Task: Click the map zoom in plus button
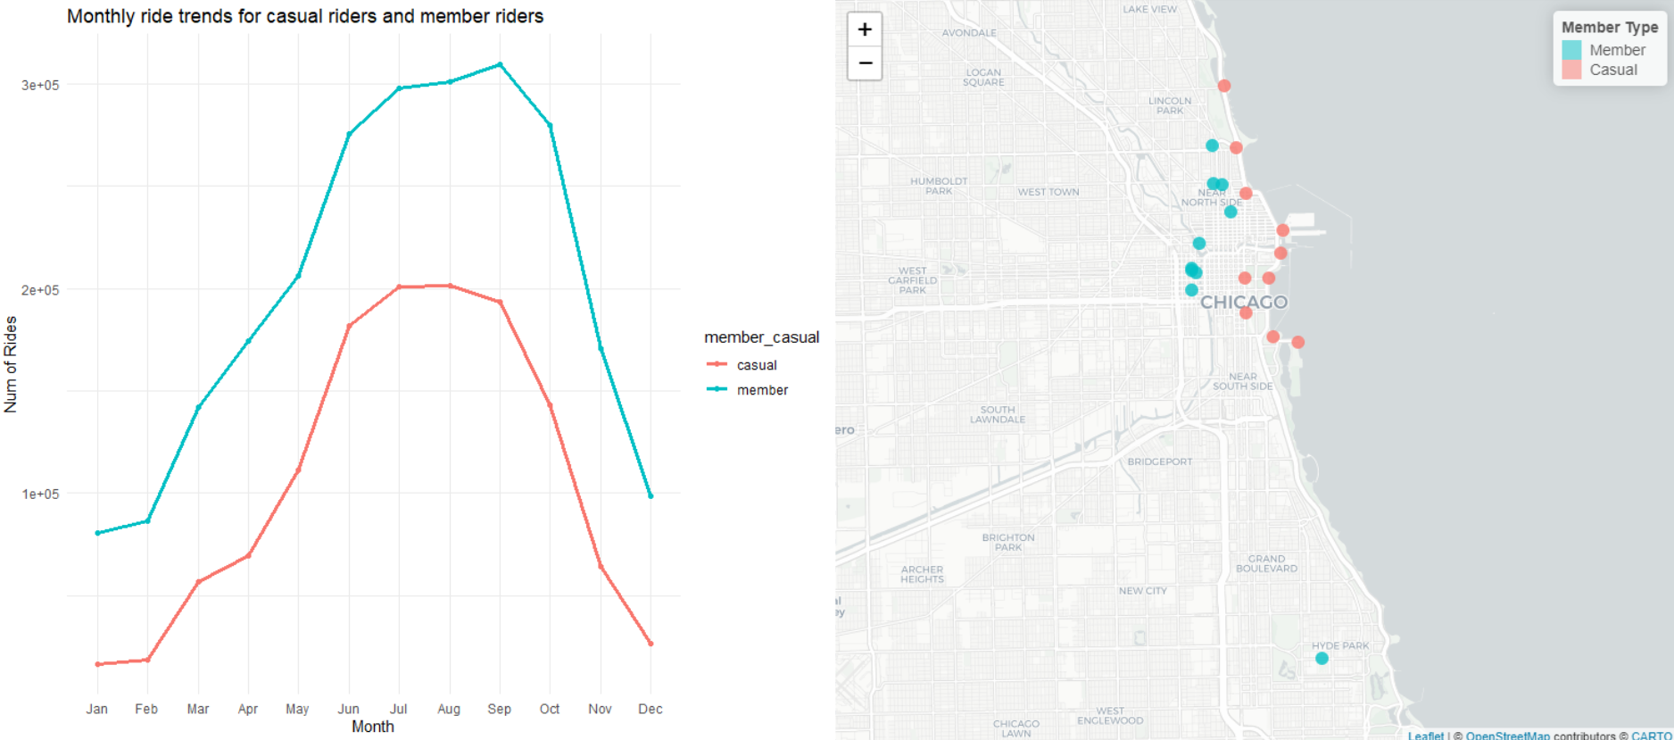(864, 29)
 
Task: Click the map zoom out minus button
(864, 62)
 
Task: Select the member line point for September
(500, 64)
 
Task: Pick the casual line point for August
(450, 286)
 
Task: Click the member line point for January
(97, 533)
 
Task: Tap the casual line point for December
(651, 643)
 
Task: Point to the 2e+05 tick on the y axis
(40, 290)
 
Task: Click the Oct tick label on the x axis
(550, 709)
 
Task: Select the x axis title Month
(372, 727)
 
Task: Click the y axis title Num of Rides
(11, 364)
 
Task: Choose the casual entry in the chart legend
(757, 365)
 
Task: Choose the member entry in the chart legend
(762, 390)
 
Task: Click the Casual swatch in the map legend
(1571, 70)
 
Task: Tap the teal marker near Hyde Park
(1322, 659)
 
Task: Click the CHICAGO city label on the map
(1244, 303)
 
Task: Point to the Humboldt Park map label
(939, 186)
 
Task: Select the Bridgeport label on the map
(1159, 461)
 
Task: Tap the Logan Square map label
(983, 78)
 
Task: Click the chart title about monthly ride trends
(305, 16)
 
